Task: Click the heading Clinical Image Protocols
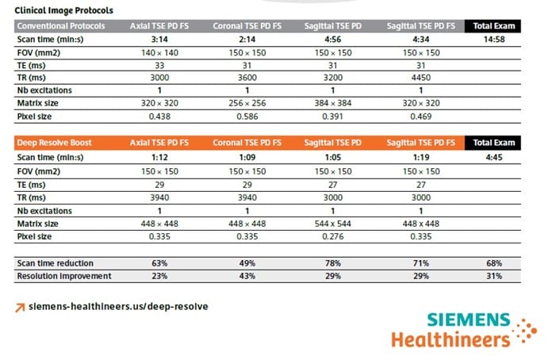(64, 10)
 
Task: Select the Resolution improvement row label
(63, 275)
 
